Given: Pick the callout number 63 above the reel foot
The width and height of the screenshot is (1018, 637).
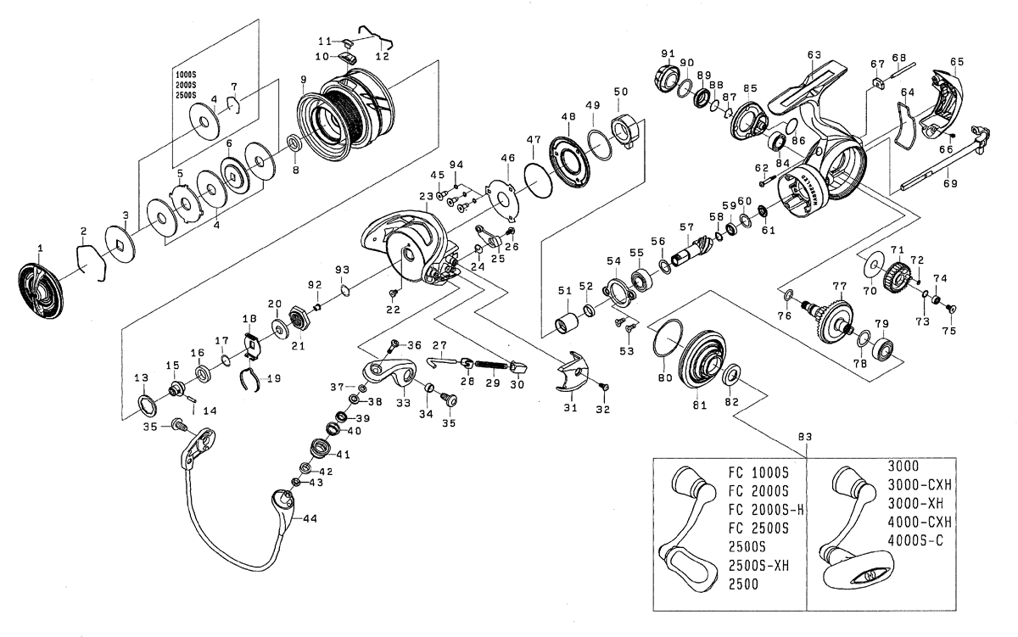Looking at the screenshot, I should click(814, 55).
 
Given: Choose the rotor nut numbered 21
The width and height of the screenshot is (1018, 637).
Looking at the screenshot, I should click(298, 320).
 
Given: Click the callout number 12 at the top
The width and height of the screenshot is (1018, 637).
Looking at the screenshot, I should click(382, 56).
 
